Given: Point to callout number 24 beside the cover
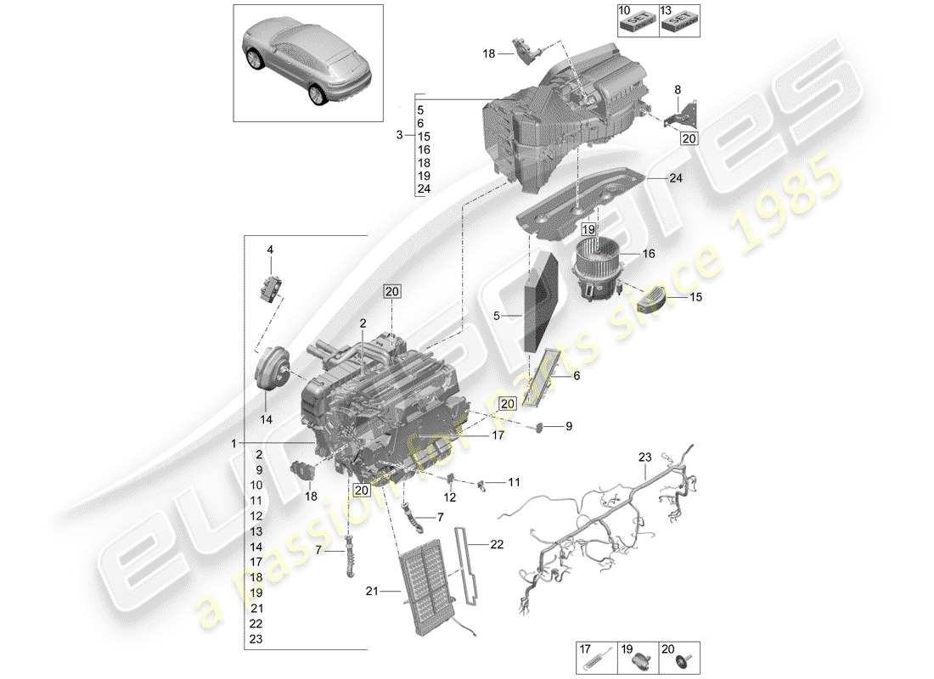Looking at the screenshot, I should pos(675,178).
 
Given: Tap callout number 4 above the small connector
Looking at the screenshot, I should pos(270,250).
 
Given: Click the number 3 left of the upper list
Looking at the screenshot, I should pos(399,136).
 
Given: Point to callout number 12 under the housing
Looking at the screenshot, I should pos(450,497).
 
